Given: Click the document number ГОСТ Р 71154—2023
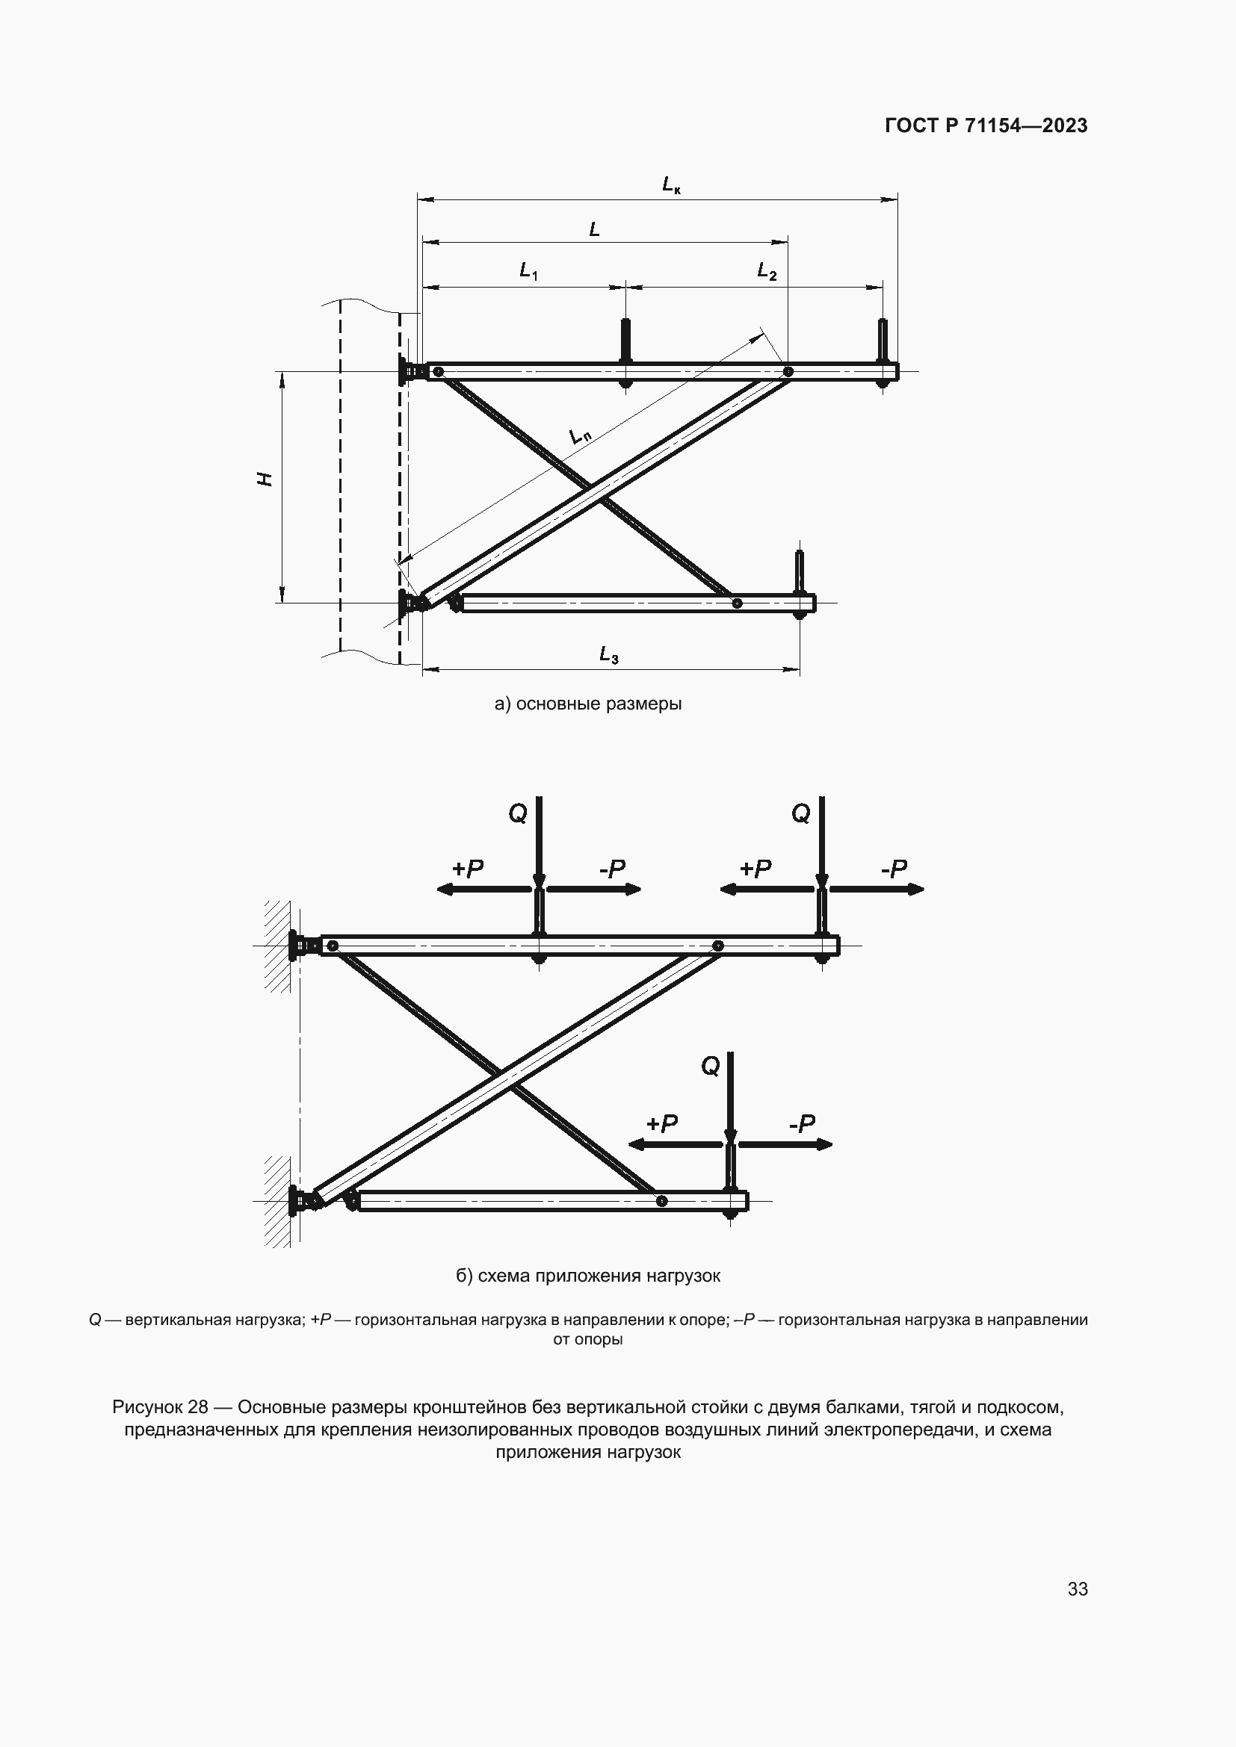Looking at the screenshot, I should point(986,126).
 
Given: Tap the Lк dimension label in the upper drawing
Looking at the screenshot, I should point(670,185).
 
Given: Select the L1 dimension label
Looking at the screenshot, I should point(529,270).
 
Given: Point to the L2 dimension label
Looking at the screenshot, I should point(767,271).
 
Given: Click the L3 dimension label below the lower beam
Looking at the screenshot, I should point(608,654).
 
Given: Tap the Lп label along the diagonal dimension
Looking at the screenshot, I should point(580,437).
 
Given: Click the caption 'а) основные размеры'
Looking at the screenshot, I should point(587,704).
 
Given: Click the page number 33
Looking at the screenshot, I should point(1077,1589).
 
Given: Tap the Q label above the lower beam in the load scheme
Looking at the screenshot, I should point(710,1067).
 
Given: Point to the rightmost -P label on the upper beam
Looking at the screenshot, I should point(894,869).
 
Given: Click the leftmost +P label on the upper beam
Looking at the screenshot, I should point(467,869).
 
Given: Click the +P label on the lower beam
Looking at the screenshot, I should point(661,1124).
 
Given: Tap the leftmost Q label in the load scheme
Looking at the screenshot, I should point(518,814).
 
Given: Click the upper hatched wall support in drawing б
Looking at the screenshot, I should point(278,946).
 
